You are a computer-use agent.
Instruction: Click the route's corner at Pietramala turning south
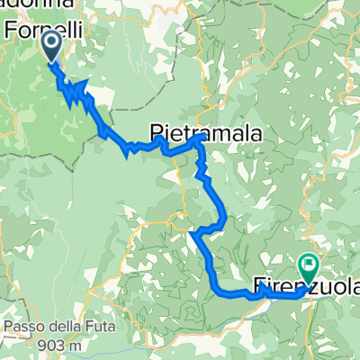200,141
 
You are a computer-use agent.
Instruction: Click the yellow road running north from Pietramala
205,72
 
